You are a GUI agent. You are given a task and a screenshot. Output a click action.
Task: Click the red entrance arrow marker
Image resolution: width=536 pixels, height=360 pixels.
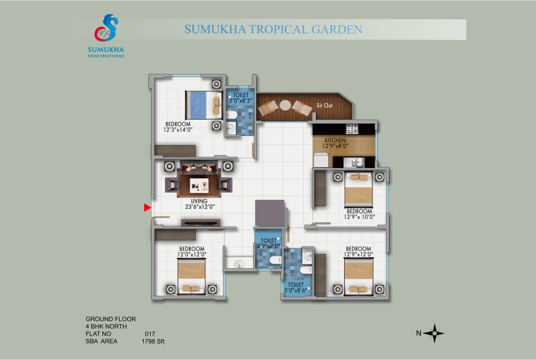coord(147,208)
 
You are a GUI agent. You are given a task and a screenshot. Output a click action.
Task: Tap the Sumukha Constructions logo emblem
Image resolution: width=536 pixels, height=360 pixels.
coord(106,28)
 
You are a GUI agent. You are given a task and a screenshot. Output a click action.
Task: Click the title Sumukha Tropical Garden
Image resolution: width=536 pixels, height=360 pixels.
coord(273,29)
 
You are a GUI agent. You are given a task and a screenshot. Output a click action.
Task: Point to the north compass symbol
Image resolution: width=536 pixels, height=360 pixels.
coord(434,333)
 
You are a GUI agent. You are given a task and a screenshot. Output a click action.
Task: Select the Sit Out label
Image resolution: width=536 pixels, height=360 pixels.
coord(324,106)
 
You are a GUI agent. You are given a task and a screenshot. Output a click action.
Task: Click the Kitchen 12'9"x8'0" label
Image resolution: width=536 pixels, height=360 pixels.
coord(335,143)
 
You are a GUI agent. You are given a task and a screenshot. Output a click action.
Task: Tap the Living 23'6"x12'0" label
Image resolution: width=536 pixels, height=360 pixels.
coord(200,204)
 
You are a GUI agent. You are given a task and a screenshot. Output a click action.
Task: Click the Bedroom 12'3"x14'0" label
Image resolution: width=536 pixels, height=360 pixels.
coord(178,127)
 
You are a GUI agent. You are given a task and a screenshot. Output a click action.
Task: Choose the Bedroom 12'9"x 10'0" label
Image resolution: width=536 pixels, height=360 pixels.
coord(359,214)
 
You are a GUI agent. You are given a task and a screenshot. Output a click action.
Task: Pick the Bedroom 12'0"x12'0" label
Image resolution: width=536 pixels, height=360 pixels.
coord(192,252)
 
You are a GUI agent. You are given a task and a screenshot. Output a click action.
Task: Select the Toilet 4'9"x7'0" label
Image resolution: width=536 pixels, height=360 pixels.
coord(269,243)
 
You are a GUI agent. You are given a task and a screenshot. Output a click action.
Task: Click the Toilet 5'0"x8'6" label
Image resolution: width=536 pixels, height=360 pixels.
coord(296,288)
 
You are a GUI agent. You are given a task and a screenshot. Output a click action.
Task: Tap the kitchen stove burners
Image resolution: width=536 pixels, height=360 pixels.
coord(352,129)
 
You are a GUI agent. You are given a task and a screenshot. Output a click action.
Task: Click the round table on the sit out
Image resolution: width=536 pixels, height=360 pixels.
coord(285,106)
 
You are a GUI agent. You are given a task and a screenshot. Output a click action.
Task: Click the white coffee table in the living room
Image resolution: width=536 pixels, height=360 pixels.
coord(199,185)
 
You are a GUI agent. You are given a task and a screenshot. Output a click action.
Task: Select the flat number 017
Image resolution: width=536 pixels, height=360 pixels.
coord(150,333)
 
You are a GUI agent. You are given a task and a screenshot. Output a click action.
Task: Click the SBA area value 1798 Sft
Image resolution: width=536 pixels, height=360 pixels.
coord(153,341)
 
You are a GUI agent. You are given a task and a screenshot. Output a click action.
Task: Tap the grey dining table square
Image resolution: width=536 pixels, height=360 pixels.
coord(270,213)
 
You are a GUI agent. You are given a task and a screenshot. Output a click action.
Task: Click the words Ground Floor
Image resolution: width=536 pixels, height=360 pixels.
coord(111,319)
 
